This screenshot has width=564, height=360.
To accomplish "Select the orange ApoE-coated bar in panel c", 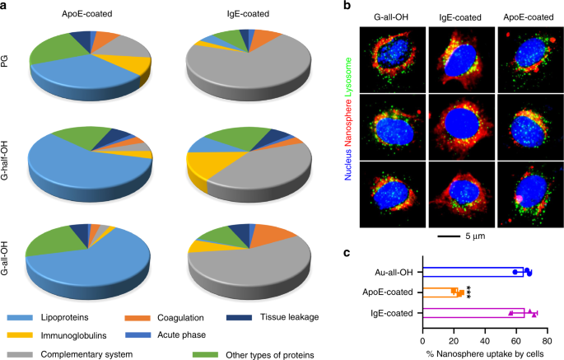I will click(440, 292).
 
